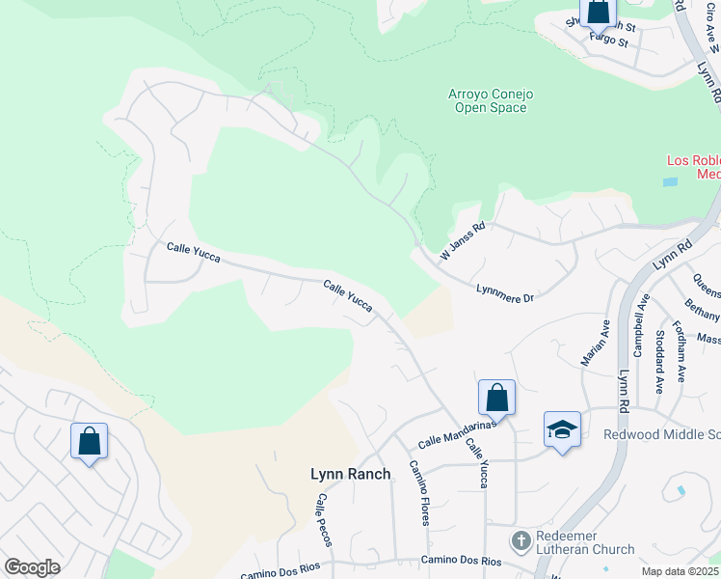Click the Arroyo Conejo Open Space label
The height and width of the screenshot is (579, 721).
[491, 100]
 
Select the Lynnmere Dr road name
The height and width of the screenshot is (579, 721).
[505, 293]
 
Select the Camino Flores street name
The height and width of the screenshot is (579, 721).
[419, 492]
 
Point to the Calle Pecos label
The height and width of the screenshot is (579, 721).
[324, 520]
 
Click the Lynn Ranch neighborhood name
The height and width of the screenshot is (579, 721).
[351, 474]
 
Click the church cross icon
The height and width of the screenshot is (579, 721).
[521, 540]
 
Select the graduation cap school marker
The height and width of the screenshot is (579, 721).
[562, 428]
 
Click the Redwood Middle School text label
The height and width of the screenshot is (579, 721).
[661, 434]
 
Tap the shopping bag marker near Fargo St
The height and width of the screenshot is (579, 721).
[598, 13]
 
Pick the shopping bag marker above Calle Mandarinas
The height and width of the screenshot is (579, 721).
[496, 396]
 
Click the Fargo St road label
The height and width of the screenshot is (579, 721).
[608, 41]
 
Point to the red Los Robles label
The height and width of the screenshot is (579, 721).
[693, 167]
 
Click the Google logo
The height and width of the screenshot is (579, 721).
[32, 567]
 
